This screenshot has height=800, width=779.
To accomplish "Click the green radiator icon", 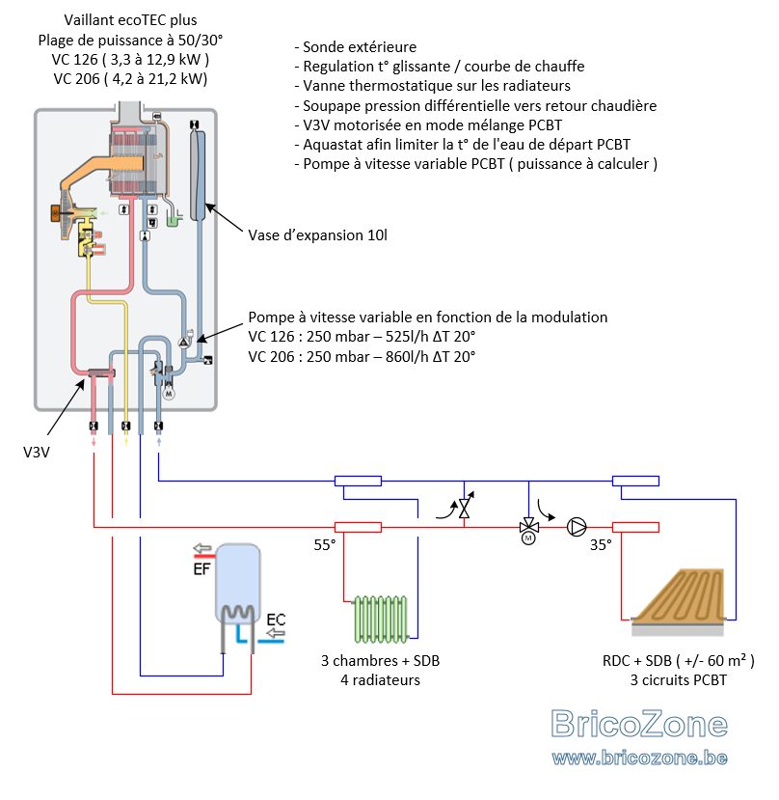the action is pyautogui.click(x=381, y=619).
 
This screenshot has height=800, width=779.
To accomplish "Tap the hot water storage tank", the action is pyautogui.click(x=237, y=583).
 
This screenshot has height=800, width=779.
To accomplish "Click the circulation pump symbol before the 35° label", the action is pyautogui.click(x=577, y=527).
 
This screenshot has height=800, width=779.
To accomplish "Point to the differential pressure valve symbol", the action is pyautogui.click(x=464, y=508).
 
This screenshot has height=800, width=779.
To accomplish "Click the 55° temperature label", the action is pyautogui.click(x=325, y=545).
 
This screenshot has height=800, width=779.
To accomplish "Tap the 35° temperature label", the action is pyautogui.click(x=601, y=545).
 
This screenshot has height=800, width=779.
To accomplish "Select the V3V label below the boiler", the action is pyautogui.click(x=37, y=452).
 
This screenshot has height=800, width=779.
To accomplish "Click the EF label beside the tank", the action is pyautogui.click(x=201, y=568).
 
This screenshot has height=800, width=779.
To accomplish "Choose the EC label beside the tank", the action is pyautogui.click(x=276, y=620).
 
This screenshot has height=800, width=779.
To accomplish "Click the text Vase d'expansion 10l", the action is pyautogui.click(x=317, y=235).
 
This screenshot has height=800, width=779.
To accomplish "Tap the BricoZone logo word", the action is pyautogui.click(x=639, y=724).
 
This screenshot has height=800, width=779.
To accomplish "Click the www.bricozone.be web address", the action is pyautogui.click(x=639, y=758).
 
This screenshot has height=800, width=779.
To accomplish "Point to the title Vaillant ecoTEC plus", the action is pyautogui.click(x=130, y=20).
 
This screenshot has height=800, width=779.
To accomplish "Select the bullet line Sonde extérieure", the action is pyautogui.click(x=356, y=47).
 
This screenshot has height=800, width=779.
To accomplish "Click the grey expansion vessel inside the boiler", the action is pyautogui.click(x=198, y=175).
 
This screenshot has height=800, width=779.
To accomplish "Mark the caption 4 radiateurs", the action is pyautogui.click(x=380, y=680).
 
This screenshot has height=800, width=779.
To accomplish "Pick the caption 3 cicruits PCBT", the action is pyautogui.click(x=679, y=680).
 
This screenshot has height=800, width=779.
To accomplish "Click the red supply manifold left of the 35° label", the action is pyautogui.click(x=635, y=527).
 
